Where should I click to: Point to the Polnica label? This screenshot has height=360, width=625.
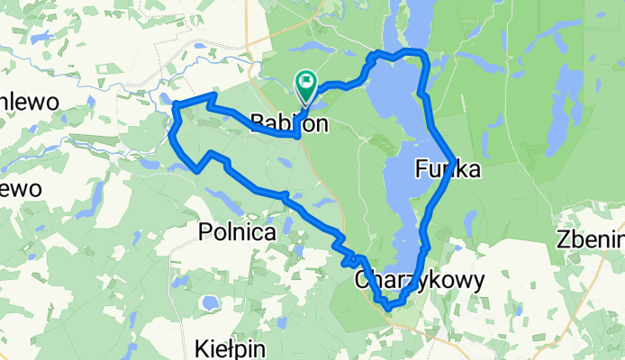(235, 232)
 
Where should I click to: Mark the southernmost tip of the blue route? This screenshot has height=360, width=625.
(388, 308)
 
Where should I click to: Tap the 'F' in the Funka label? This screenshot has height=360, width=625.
(422, 168)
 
